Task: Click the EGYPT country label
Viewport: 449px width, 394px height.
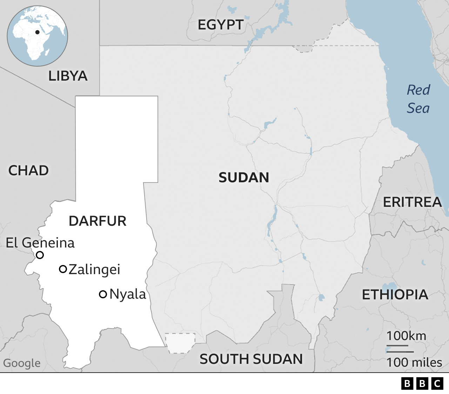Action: coord(221,25)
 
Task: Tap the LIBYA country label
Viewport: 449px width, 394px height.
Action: coord(68,76)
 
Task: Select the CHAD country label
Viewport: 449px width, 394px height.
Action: coord(28,171)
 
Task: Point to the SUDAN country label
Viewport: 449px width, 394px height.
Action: coord(244,178)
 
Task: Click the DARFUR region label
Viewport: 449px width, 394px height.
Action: coord(98,221)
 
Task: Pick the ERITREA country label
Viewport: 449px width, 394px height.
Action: coord(412,202)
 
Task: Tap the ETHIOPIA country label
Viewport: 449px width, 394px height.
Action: coord(395,295)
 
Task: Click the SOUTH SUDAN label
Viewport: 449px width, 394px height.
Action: coord(251,359)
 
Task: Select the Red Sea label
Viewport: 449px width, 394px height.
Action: coord(418,99)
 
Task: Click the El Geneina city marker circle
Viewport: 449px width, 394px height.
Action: coord(40,255)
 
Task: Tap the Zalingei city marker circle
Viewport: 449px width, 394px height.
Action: coord(63,269)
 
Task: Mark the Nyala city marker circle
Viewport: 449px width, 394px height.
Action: coord(103,294)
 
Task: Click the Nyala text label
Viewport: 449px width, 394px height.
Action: coord(128,294)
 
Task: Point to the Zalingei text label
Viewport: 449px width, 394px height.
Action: coord(94,270)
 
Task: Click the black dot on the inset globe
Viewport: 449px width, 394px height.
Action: coord(37,32)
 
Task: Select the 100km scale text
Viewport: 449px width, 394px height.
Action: coord(406,336)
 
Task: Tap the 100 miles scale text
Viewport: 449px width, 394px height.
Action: coord(414,362)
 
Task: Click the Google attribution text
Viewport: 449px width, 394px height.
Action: coord(22,363)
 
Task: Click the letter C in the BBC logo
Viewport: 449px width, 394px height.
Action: coord(437,383)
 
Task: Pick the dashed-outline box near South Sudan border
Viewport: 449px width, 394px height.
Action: coord(180,343)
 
